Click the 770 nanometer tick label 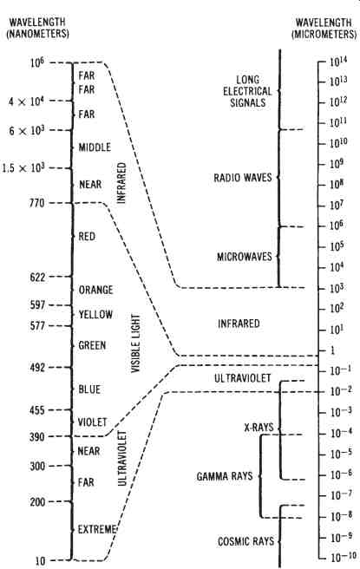tap(37, 202)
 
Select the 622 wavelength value tap(38, 278)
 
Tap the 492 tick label tap(38, 368)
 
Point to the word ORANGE tap(95, 290)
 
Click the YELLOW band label tap(95, 314)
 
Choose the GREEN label tap(92, 345)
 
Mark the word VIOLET tap(92, 422)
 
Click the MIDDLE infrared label tap(95, 147)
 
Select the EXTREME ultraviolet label tap(97, 529)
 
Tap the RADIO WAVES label tap(242, 178)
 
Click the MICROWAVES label tap(245, 257)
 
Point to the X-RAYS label tap(259, 427)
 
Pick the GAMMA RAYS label tap(225, 476)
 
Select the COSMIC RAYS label tap(245, 541)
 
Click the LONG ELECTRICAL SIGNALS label tap(247, 91)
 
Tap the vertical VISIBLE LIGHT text tap(135, 343)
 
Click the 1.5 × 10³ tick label tap(23, 168)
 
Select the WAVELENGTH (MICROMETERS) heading tap(324, 29)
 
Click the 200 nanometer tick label tap(38, 502)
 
